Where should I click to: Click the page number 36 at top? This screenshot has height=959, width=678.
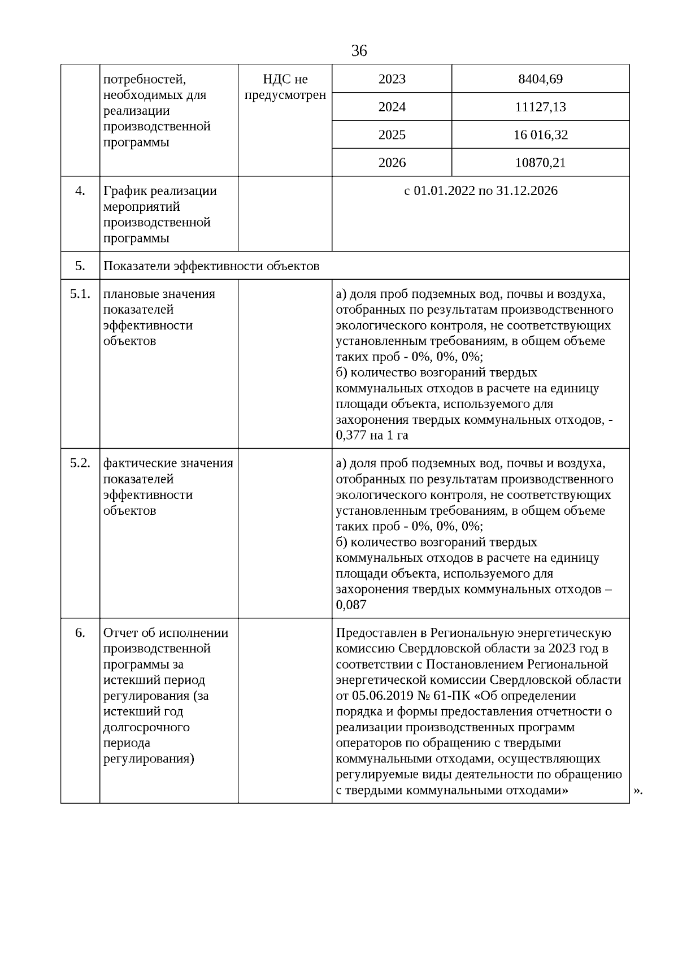[359, 51]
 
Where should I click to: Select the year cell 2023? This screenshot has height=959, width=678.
[392, 79]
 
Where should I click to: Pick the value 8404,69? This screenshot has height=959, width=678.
[540, 79]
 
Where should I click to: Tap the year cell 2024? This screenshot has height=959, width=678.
[392, 107]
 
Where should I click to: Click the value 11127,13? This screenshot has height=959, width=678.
[540, 107]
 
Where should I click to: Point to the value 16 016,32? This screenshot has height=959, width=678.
[540, 135]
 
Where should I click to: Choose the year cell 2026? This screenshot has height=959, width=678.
[392, 163]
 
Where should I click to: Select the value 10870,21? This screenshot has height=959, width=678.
[540, 163]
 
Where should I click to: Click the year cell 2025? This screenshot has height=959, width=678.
[392, 135]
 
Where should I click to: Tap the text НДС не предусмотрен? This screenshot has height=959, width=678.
[285, 87]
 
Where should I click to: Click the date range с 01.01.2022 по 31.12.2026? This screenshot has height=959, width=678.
[480, 191]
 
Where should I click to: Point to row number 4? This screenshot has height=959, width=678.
[80, 191]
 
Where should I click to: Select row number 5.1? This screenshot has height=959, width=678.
[80, 294]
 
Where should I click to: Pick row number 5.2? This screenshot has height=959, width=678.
[80, 463]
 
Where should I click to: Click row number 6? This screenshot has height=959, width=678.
[80, 633]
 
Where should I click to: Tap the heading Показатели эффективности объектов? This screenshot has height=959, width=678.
[211, 266]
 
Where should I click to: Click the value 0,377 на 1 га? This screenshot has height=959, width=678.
[372, 436]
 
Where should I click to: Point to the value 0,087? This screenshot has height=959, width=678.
[351, 605]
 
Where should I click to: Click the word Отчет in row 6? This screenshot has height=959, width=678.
[120, 633]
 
